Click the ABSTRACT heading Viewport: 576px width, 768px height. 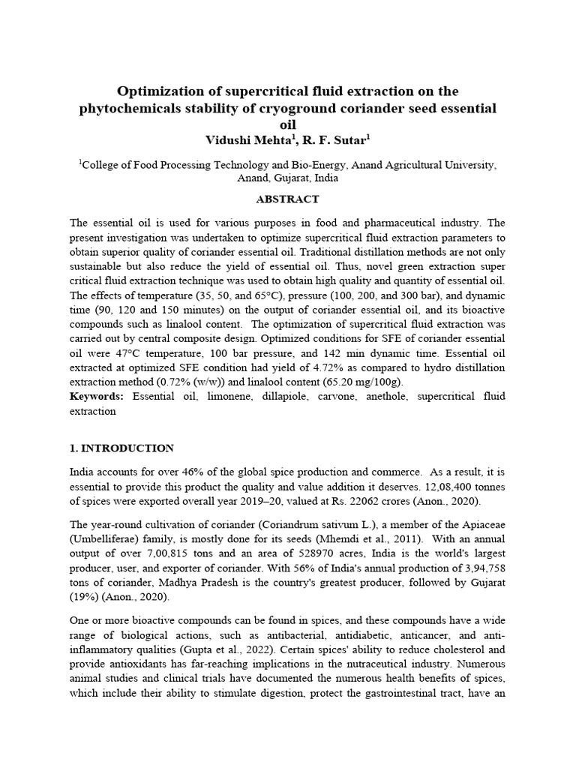[x=288, y=199]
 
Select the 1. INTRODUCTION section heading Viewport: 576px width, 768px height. [x=121, y=448]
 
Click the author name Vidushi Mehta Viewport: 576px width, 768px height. [x=240, y=139]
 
